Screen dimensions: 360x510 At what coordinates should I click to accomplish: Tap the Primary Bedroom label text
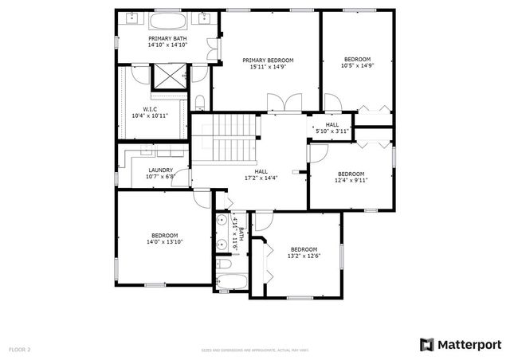pos(268,61)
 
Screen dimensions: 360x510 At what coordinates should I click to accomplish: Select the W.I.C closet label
pos(150,109)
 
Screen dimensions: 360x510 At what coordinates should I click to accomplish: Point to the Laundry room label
pos(161,170)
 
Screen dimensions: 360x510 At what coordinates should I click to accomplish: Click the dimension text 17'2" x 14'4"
pos(261,178)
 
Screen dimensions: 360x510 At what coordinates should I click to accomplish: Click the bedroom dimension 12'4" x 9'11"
pos(351,181)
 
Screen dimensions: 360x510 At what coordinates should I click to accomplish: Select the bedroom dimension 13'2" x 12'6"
pos(304,256)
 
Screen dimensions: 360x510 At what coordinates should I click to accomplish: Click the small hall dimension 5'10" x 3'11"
pos(332,131)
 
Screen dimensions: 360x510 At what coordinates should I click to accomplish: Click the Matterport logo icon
pos(426,344)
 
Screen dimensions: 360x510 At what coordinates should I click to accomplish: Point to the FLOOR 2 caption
pos(19,350)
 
